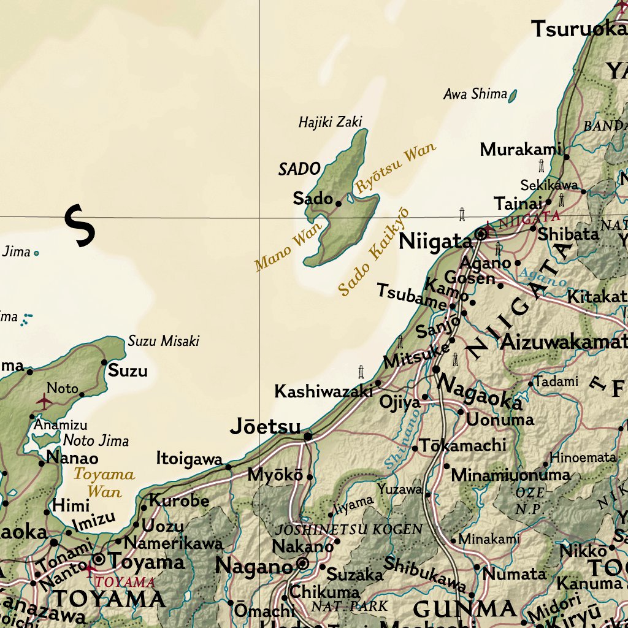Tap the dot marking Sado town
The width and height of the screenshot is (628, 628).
click(338, 203)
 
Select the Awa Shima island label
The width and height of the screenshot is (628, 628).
click(475, 94)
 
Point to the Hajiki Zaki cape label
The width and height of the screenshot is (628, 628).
click(330, 122)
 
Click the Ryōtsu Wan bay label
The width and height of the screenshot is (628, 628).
click(396, 167)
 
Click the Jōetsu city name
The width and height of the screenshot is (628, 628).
click(266, 427)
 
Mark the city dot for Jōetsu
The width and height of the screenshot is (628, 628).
click(308, 437)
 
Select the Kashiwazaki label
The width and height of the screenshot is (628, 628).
click(323, 391)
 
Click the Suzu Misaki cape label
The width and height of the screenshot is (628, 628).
click(164, 341)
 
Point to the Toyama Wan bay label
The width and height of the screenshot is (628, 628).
click(104, 482)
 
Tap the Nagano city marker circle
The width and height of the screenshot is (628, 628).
click(302, 563)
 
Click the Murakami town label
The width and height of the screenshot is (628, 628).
click(521, 149)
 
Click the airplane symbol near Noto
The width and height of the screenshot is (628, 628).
click(44, 401)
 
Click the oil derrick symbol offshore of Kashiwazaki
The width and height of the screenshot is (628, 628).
click(361, 372)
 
